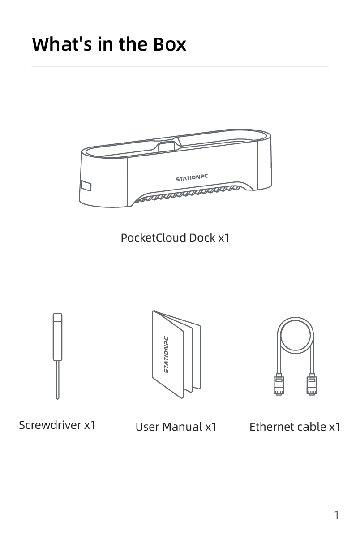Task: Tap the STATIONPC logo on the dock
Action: (192, 178)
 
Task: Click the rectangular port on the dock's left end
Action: (86, 186)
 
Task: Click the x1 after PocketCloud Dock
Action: (223, 238)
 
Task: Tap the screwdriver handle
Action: (57, 337)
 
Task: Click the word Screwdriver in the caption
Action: (50, 425)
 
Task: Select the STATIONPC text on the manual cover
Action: (167, 354)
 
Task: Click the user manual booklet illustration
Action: (176, 354)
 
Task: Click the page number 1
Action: (336, 515)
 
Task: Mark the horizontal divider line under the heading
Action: (180, 67)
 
